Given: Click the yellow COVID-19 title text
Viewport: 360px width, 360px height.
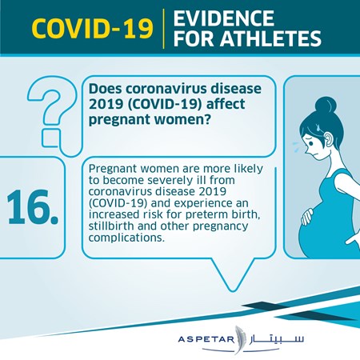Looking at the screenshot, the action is coord(93,28).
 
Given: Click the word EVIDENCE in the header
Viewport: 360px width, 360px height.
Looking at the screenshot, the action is coord(224,18).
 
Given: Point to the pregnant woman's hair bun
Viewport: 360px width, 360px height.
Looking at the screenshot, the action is coord(326,106).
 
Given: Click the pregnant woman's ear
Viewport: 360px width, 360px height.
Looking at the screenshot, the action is coord(330,139).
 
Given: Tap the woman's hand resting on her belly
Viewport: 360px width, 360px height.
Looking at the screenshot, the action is coord(307,216).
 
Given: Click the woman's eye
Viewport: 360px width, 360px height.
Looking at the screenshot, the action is coord(311,143).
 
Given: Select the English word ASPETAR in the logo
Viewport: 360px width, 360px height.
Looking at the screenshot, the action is coord(206,339).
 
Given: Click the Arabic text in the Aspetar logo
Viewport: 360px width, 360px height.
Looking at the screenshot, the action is coord(277,339).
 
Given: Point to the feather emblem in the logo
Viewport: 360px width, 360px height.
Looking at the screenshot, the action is coord(239,339).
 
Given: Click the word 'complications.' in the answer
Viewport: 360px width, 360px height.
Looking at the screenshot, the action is coord(126,238).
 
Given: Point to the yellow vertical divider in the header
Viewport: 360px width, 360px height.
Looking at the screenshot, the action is coord(163,29).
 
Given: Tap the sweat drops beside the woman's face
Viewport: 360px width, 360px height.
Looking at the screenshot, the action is coord(298,146).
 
